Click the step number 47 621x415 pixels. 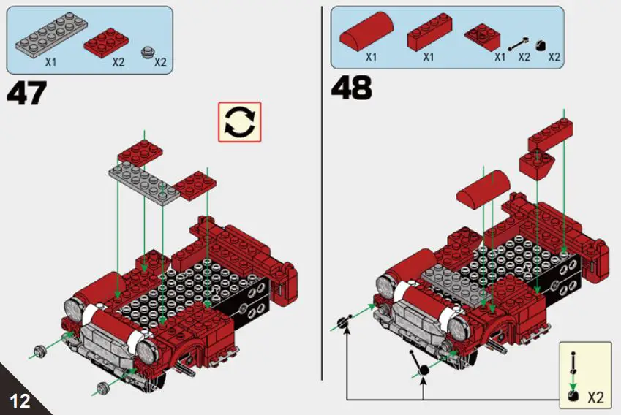point(27,94)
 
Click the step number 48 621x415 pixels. point(352,88)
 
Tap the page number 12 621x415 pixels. point(19,400)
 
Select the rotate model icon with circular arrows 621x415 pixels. point(239,121)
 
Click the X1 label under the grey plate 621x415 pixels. point(50,63)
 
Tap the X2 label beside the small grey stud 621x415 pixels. point(160,63)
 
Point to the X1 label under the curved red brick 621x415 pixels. point(371,57)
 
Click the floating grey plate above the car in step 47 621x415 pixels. point(145,180)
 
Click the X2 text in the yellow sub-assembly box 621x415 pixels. point(596,398)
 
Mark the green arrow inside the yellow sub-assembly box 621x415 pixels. point(573,379)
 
